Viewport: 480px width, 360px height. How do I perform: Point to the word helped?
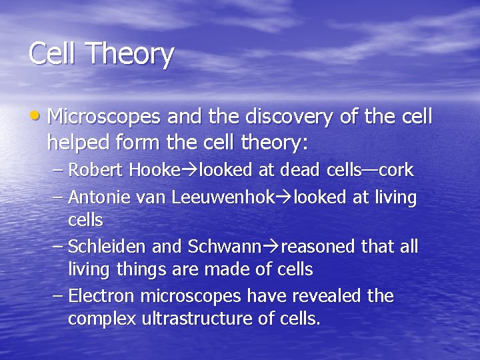click(75, 143)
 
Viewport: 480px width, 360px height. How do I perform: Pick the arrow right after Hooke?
click(190, 171)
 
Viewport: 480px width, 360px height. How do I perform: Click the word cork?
click(397, 171)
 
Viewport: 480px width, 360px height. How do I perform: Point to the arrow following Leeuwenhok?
click(285, 199)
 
